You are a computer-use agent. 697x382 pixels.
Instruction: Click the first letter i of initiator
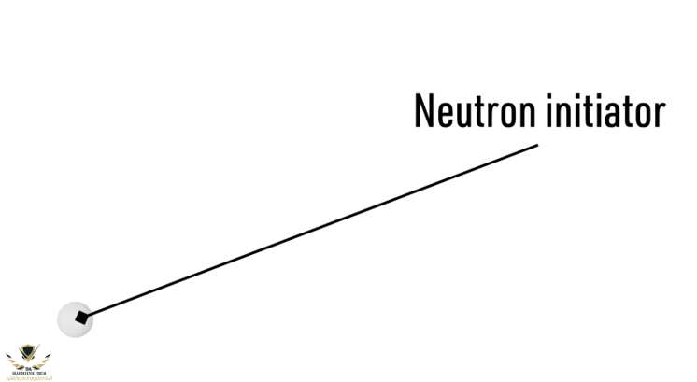(548, 111)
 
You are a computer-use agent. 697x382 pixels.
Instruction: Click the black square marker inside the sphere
(82, 319)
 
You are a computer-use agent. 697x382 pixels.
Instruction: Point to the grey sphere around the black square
(67, 322)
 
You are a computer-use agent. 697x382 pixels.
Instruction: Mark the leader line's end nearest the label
(536, 145)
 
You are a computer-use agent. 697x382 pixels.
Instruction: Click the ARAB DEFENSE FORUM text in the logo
(28, 372)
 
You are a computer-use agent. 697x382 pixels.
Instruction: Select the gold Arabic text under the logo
(28, 377)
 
